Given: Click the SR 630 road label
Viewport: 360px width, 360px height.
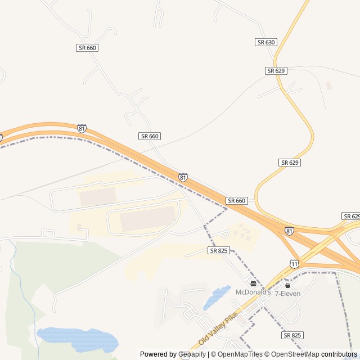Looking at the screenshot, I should [266, 42].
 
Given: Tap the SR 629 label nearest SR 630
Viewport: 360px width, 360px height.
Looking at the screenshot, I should [276, 70].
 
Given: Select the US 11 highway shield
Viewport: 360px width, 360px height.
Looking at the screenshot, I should [294, 264].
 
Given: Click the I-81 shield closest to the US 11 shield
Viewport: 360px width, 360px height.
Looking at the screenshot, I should [289, 231].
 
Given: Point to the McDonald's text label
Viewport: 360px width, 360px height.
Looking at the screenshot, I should [253, 292].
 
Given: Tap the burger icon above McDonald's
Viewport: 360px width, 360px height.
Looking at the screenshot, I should [253, 283].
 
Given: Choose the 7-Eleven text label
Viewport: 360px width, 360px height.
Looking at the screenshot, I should [287, 294].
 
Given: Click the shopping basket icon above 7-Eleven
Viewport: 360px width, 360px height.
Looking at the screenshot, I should [287, 285].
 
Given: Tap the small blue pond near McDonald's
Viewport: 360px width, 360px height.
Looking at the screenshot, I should [217, 297].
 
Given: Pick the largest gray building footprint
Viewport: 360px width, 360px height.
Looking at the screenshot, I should [148, 218].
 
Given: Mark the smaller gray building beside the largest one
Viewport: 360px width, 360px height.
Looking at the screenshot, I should [98, 197].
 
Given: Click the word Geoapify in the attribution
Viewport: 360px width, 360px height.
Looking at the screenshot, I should [192, 354].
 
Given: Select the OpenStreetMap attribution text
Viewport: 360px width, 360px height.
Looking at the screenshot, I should [293, 354].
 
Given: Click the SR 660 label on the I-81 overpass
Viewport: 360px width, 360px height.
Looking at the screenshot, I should [237, 201].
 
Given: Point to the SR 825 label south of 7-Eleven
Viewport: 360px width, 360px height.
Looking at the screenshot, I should [292, 335].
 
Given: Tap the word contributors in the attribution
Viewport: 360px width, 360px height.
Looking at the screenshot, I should [339, 354].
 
